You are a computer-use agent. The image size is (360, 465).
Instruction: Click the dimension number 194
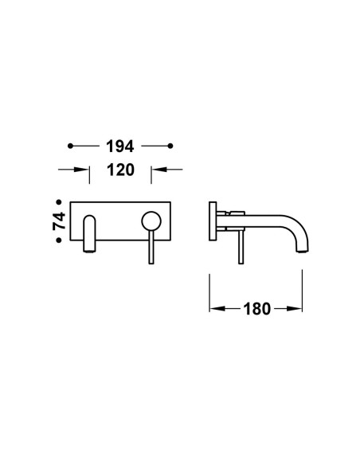[120, 147]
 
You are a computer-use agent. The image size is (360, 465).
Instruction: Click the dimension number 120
[120, 170]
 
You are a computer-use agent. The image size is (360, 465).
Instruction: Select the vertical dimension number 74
[59, 221]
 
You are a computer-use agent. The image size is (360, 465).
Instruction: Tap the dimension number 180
[257, 309]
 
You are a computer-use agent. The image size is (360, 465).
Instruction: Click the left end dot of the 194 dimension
[70, 146]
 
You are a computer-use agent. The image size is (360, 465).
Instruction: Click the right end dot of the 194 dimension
[170, 146]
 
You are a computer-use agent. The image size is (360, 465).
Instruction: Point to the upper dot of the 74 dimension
[59, 202]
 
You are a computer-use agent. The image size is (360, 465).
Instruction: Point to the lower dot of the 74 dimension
[59, 240]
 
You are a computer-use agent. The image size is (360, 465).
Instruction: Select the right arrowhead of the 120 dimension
[158, 170]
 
